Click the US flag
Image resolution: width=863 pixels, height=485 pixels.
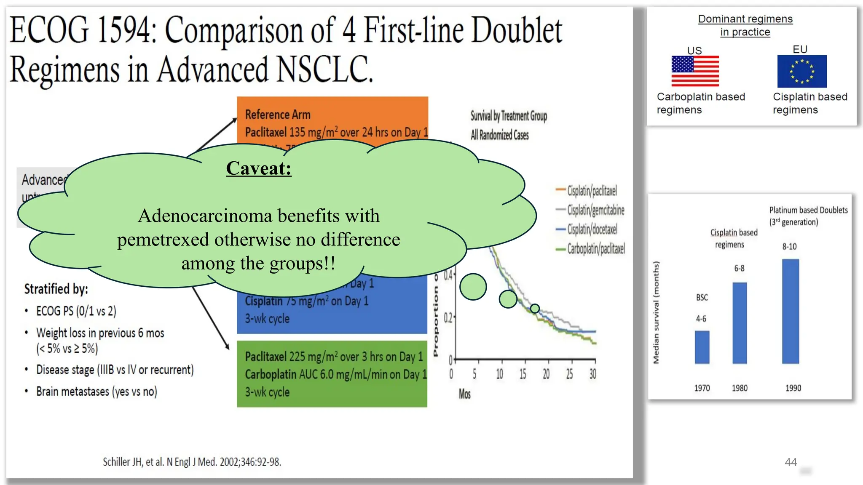[695, 71]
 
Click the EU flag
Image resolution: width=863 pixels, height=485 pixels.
[802, 71]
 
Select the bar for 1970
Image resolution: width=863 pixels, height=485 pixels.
[702, 347]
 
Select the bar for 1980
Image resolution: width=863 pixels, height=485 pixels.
[740, 323]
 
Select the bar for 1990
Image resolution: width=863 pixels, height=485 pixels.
[791, 311]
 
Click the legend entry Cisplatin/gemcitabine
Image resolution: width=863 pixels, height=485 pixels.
[595, 210]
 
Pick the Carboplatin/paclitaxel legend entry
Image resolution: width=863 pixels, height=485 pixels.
[595, 249]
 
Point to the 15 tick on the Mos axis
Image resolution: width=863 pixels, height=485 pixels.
[523, 374]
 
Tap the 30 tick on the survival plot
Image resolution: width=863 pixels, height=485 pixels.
[593, 374]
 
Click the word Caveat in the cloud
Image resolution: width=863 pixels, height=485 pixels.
[258, 168]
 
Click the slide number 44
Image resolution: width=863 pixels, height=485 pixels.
[791, 462]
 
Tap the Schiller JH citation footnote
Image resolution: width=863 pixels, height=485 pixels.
[192, 462]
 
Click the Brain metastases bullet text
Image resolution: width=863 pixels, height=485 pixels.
[96, 392]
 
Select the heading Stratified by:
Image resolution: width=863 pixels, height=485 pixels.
[56, 289]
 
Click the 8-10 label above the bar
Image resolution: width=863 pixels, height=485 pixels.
[789, 247]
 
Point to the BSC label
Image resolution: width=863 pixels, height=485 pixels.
[702, 298]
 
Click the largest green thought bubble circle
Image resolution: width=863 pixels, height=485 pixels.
[473, 287]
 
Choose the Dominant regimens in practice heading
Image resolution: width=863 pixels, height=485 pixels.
[745, 25]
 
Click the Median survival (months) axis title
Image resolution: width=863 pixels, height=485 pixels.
[656, 312]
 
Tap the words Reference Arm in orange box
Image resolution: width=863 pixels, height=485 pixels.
[278, 115]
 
